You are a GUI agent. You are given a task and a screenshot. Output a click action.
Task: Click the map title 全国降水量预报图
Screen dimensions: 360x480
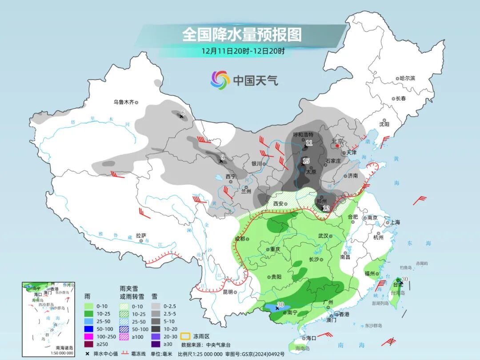[x=242, y=34]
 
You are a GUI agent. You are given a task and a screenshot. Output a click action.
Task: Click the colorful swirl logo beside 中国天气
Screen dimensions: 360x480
[x=220, y=80]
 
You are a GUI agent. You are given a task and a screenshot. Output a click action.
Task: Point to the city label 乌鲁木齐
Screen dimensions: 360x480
[x=123, y=102]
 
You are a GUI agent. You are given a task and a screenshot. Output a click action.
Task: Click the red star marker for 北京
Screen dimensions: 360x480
[x=338, y=145]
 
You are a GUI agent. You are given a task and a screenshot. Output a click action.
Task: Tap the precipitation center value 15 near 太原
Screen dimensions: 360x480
[x=306, y=161]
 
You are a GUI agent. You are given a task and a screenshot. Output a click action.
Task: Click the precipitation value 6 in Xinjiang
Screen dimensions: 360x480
[x=183, y=113]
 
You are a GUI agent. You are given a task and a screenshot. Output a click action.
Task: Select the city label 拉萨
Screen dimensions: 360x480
[x=141, y=236]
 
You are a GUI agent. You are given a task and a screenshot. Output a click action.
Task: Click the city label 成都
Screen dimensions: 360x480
[x=240, y=239]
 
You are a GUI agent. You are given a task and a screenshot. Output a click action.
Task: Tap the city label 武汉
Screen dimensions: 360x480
[x=323, y=236]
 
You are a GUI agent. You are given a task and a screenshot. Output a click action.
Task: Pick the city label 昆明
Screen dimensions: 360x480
[x=228, y=292]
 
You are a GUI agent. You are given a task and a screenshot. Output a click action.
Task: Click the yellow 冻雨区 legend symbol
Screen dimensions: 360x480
[x=185, y=336]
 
